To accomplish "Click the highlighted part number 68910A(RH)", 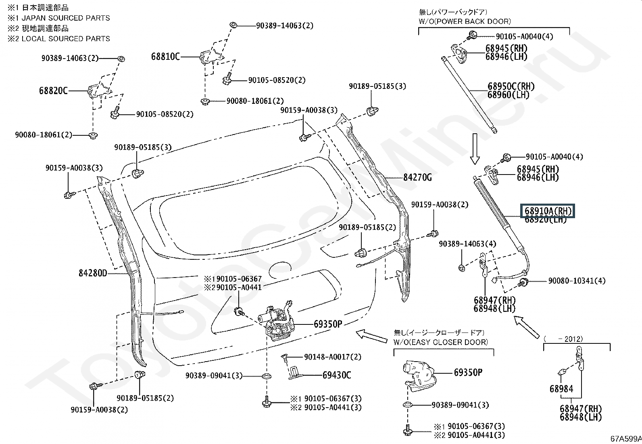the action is (548, 211).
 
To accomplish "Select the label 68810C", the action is (165, 57).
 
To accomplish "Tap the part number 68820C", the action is (53, 91).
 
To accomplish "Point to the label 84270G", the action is (417, 177).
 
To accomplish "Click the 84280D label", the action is (93, 273).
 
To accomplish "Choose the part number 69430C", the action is (337, 375).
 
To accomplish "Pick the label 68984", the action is (561, 389).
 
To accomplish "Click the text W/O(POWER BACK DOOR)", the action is (465, 21).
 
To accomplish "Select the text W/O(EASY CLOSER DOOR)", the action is (440, 342).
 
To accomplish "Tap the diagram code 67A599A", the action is (626, 438).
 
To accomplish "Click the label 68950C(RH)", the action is (511, 86).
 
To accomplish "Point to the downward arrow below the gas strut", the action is (475, 149).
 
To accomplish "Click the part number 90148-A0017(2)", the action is (332, 357).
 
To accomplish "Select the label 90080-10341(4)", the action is (577, 281).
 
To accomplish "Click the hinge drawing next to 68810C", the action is (212, 57).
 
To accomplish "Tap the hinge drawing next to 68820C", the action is (100, 91).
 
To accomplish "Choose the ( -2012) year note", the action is (563, 339).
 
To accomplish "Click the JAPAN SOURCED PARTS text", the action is (66, 18).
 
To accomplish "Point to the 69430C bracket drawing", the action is (295, 372).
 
